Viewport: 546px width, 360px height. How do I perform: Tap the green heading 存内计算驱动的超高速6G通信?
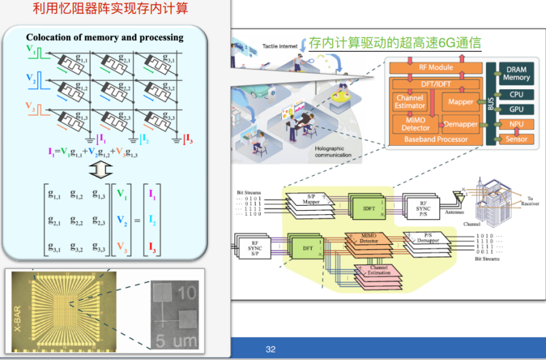pyautogui.click(x=394, y=43)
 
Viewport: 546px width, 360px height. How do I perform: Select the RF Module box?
pyautogui.click(x=436, y=68)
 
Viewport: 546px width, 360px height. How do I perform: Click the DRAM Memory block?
pyautogui.click(x=517, y=73)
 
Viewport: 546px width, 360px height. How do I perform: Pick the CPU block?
pyautogui.click(x=517, y=94)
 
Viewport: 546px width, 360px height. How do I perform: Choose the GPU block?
pyautogui.click(x=517, y=109)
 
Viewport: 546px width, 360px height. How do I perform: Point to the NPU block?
pyautogui.click(x=517, y=124)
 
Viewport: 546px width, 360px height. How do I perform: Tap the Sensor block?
pyautogui.click(x=517, y=138)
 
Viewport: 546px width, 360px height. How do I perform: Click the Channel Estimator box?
pyautogui.click(x=410, y=102)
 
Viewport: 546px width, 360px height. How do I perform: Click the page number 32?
pyautogui.click(x=270, y=349)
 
